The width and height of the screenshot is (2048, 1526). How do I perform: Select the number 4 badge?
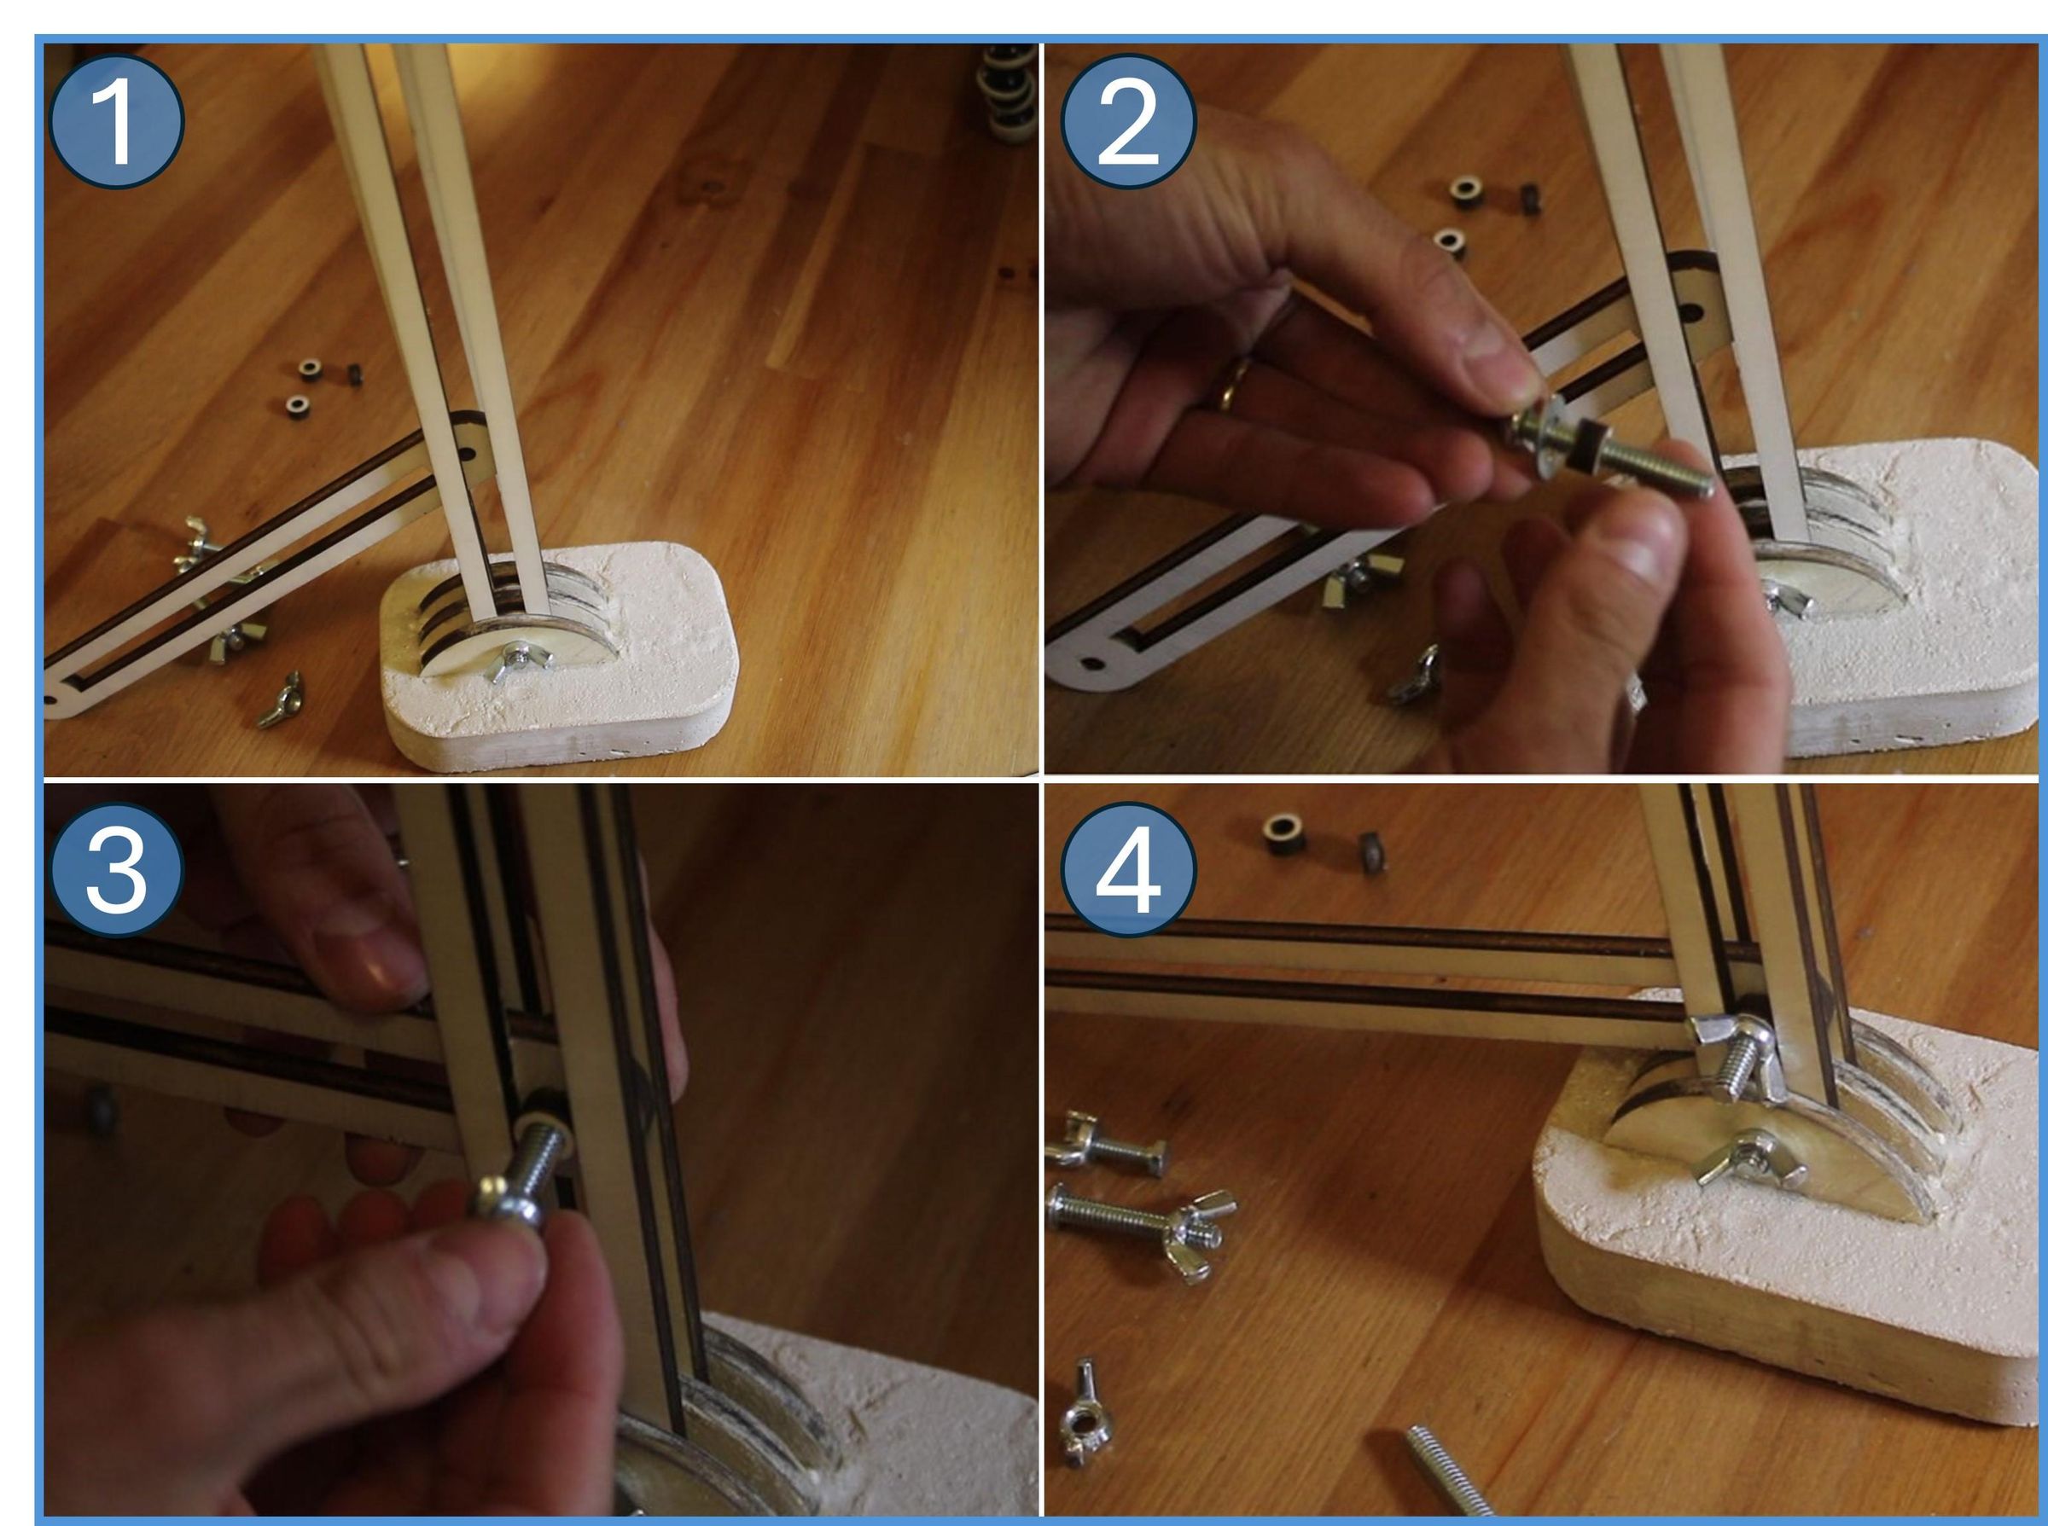(1127, 870)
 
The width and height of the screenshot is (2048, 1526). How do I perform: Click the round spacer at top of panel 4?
(1284, 833)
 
